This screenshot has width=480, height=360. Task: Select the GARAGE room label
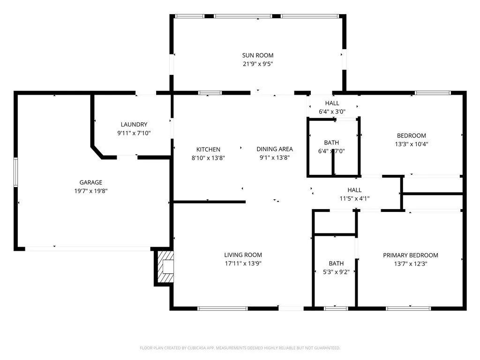click(x=90, y=182)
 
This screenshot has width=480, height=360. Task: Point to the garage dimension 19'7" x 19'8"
click(x=90, y=191)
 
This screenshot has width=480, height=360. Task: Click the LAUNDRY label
click(x=134, y=125)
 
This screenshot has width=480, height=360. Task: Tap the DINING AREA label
click(x=274, y=150)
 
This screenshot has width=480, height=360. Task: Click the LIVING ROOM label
click(x=242, y=255)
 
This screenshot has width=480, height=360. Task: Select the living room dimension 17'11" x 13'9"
click(x=242, y=263)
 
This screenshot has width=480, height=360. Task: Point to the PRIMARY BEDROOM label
click(x=410, y=255)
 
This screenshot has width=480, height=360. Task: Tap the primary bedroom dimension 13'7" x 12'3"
click(x=410, y=263)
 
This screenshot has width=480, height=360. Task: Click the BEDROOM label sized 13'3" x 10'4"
click(x=411, y=136)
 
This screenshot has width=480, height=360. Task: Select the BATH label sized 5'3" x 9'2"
click(x=336, y=263)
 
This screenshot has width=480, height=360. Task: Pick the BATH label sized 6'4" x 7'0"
click(x=331, y=142)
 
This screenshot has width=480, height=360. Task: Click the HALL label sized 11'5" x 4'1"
click(x=354, y=190)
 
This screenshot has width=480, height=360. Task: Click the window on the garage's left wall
click(x=15, y=172)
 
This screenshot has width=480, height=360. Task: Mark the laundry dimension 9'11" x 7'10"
click(x=134, y=133)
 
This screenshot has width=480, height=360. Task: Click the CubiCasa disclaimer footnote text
click(x=240, y=348)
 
